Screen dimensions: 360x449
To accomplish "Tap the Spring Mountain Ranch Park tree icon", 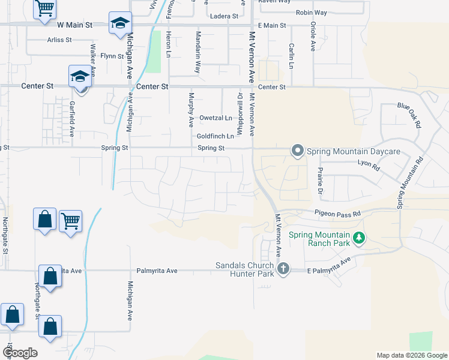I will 359,239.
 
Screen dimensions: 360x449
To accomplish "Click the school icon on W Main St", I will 120,23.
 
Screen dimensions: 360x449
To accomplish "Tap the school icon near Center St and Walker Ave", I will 79,76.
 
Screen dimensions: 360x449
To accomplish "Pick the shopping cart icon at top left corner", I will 44,9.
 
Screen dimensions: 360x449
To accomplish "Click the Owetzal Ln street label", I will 215,118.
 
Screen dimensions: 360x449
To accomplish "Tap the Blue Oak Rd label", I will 410,112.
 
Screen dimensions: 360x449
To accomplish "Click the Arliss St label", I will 59,40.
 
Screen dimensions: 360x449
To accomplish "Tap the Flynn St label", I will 112,56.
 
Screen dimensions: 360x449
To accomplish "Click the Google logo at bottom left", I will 20,353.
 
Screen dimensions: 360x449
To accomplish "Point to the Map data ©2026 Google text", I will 411,355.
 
